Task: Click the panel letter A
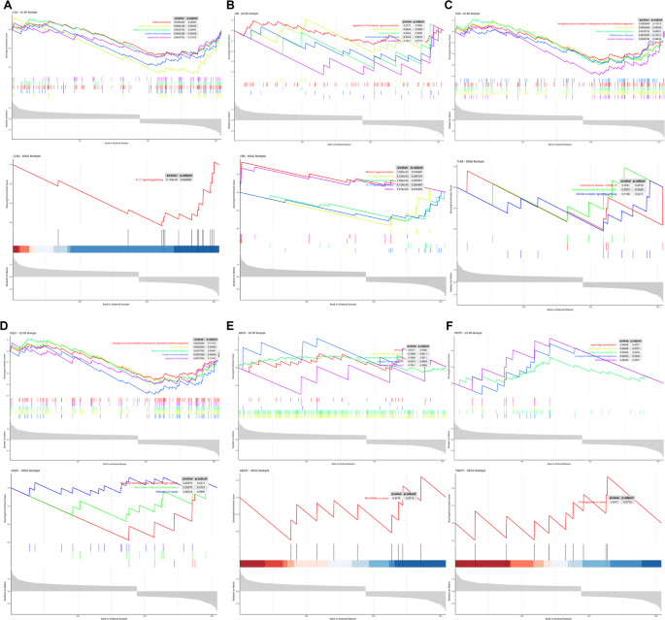4,4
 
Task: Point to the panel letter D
4,315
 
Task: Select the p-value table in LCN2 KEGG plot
184,177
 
